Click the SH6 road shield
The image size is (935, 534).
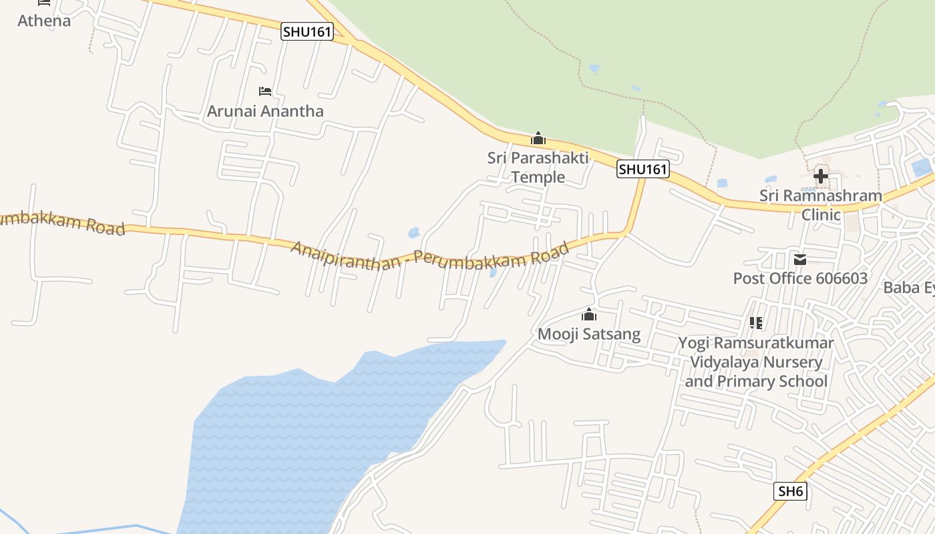pyautogui.click(x=791, y=492)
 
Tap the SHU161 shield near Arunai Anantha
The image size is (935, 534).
pyautogui.click(x=307, y=31)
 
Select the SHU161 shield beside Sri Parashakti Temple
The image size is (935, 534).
pyautogui.click(x=642, y=170)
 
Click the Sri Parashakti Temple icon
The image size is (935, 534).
pyautogui.click(x=538, y=138)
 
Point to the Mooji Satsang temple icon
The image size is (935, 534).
pyautogui.click(x=588, y=314)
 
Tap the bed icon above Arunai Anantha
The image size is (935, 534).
pyautogui.click(x=265, y=91)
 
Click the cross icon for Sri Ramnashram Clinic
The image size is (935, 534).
pyautogui.click(x=820, y=176)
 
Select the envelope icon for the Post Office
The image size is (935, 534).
pyautogui.click(x=799, y=259)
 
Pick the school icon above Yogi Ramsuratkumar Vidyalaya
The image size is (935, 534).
pyautogui.click(x=756, y=323)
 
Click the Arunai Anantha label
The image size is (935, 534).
pyautogui.click(x=265, y=111)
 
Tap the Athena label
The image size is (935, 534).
pyautogui.click(x=44, y=21)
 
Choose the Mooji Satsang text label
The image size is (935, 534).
pyautogui.click(x=589, y=334)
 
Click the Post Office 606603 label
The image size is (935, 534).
pyautogui.click(x=800, y=278)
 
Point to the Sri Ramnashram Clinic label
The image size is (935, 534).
pyautogui.click(x=820, y=205)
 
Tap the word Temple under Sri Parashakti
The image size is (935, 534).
pyautogui.click(x=538, y=177)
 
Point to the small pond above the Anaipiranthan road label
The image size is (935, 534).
pyautogui.click(x=413, y=233)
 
